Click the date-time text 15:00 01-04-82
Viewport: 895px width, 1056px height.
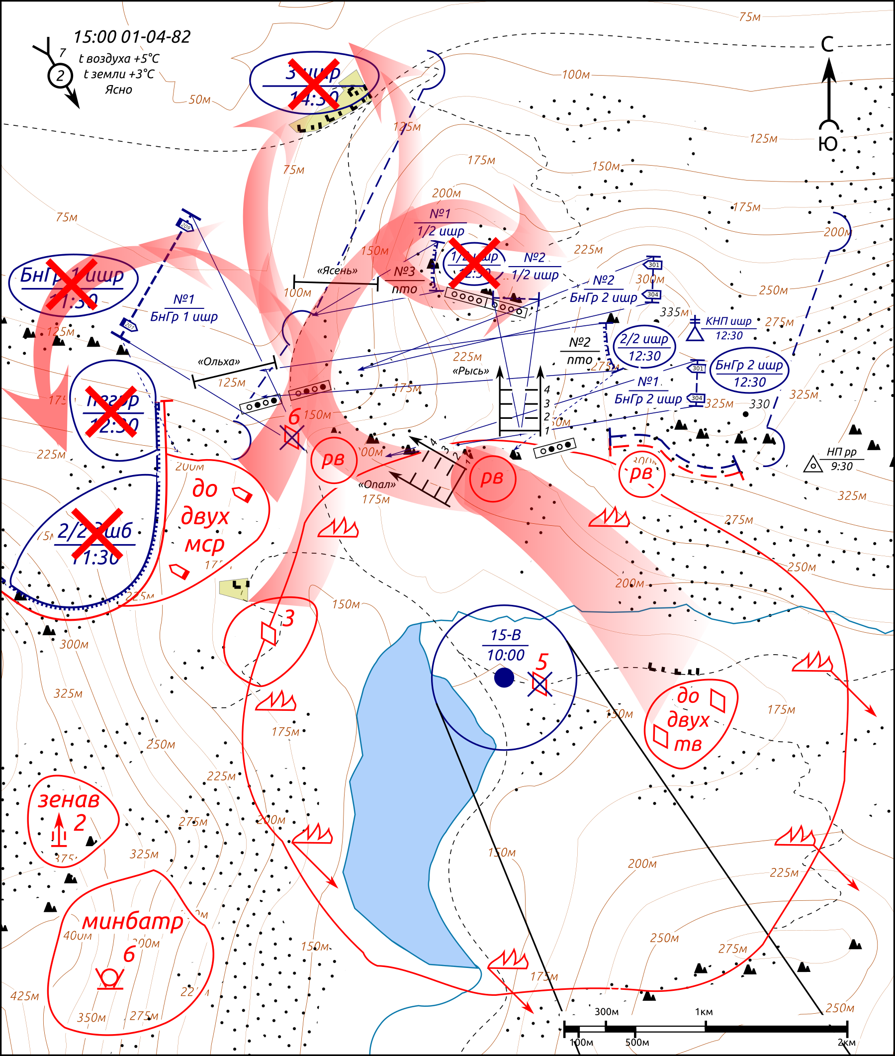(132, 37)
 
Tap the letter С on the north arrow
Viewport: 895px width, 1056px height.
(827, 45)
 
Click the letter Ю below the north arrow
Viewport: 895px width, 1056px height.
(828, 144)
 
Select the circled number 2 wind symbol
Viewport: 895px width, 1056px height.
(60, 76)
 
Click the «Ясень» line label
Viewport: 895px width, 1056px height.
(337, 271)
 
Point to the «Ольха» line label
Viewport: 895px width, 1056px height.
(219, 362)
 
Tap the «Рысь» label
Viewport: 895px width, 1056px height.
(471, 371)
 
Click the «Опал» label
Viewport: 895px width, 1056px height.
(377, 484)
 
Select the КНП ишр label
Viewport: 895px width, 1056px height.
(728, 321)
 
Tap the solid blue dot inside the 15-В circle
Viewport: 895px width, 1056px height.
(504, 677)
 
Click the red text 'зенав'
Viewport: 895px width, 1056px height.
(69, 800)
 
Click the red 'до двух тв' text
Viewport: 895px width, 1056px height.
(688, 720)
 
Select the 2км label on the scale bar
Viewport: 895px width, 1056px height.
(846, 1042)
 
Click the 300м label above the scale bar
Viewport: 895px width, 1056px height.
(606, 1011)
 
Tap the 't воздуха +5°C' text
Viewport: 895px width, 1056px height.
(119, 58)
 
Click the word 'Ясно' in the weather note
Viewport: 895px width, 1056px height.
(118, 90)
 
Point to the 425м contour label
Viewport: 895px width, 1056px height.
(24, 996)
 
